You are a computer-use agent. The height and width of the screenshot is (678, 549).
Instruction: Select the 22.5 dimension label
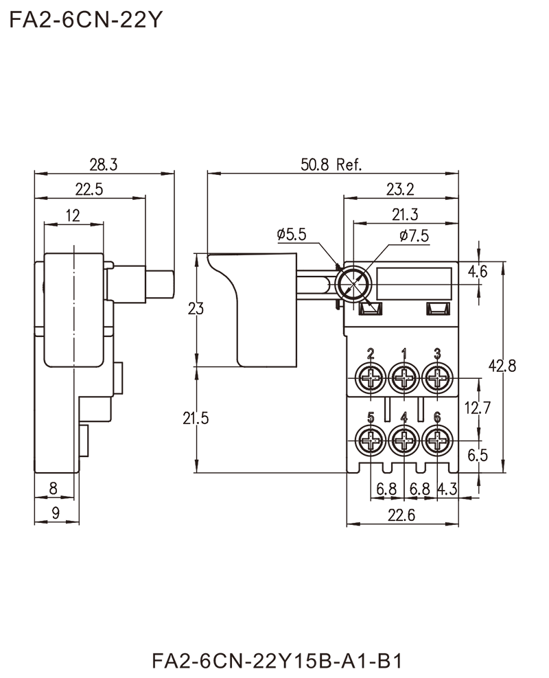coord(90,187)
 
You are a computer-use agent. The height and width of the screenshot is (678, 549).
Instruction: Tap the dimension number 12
coord(74,214)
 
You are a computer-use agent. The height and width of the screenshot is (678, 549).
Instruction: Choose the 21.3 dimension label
coord(405,212)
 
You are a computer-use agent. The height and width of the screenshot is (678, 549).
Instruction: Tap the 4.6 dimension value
coord(479,272)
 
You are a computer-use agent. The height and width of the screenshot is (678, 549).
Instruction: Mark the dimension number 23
coord(196,309)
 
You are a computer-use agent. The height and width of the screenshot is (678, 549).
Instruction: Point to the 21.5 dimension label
coord(196,418)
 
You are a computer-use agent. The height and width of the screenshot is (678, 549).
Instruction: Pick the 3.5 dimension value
coord(478,455)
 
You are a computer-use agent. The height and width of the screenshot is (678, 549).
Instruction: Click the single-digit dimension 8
coord(54,487)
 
